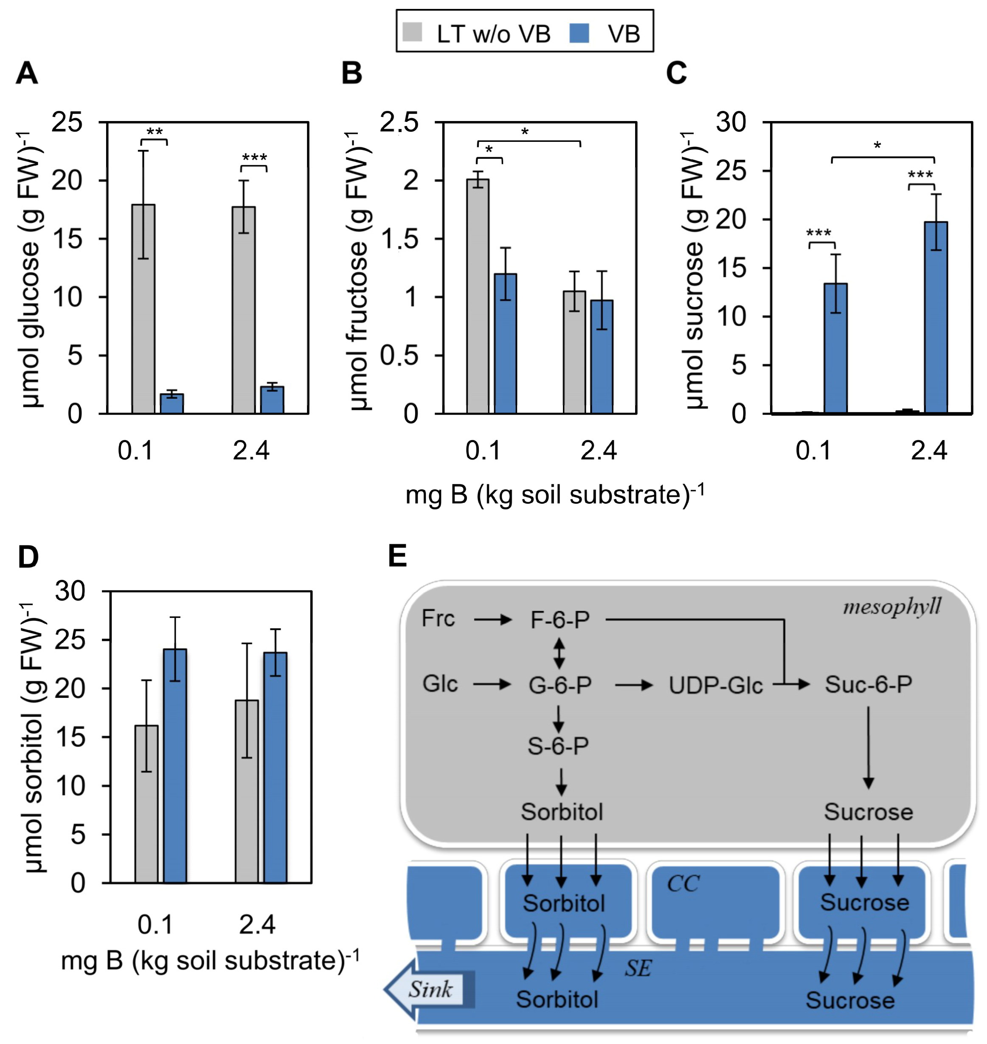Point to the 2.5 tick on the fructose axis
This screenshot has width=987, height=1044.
click(399, 122)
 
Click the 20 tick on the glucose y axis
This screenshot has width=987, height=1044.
click(67, 181)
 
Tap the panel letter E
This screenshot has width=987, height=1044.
click(397, 556)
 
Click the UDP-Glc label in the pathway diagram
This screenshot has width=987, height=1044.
click(716, 685)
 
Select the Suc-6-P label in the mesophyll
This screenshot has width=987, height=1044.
click(868, 684)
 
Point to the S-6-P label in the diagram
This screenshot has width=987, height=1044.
click(558, 745)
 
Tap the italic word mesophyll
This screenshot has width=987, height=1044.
click(892, 607)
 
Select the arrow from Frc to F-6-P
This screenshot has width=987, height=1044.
click(492, 620)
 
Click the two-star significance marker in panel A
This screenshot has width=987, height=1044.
click(154, 132)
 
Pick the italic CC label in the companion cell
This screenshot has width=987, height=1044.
click(683, 884)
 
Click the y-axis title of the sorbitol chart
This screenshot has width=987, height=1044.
click(34, 737)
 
